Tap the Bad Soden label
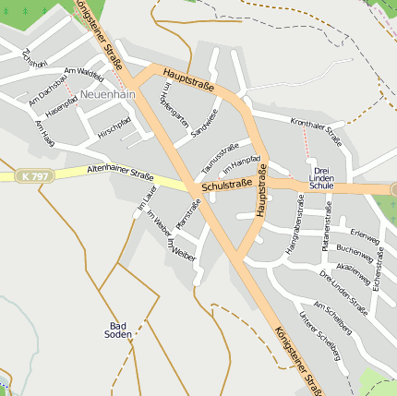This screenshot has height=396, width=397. [118, 330]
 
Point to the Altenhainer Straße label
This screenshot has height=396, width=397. [119, 172]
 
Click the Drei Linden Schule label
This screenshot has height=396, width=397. [321, 178]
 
